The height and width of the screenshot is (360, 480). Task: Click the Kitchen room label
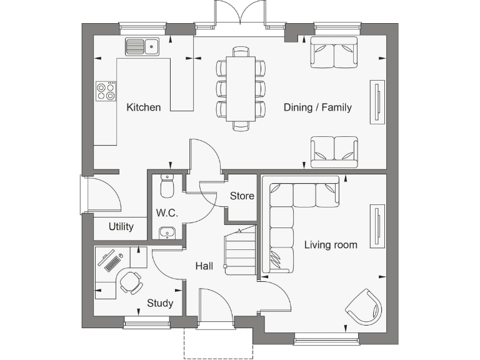(x=144, y=107)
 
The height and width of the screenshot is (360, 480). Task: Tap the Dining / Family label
(x=317, y=107)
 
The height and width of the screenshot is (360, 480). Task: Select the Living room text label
(x=331, y=244)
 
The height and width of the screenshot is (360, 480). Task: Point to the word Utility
(x=121, y=226)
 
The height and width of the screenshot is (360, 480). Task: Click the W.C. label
(x=167, y=213)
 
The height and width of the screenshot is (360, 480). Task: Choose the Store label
(x=242, y=196)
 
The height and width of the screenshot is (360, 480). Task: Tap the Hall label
(x=204, y=266)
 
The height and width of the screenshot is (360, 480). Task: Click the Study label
(x=160, y=304)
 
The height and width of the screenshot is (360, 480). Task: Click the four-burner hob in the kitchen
(x=106, y=92)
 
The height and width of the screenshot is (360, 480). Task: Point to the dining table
(x=241, y=88)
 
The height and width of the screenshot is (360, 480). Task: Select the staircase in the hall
(x=241, y=251)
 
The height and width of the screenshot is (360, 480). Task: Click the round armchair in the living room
(x=364, y=306)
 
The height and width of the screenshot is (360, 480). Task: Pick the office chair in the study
(x=131, y=282)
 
